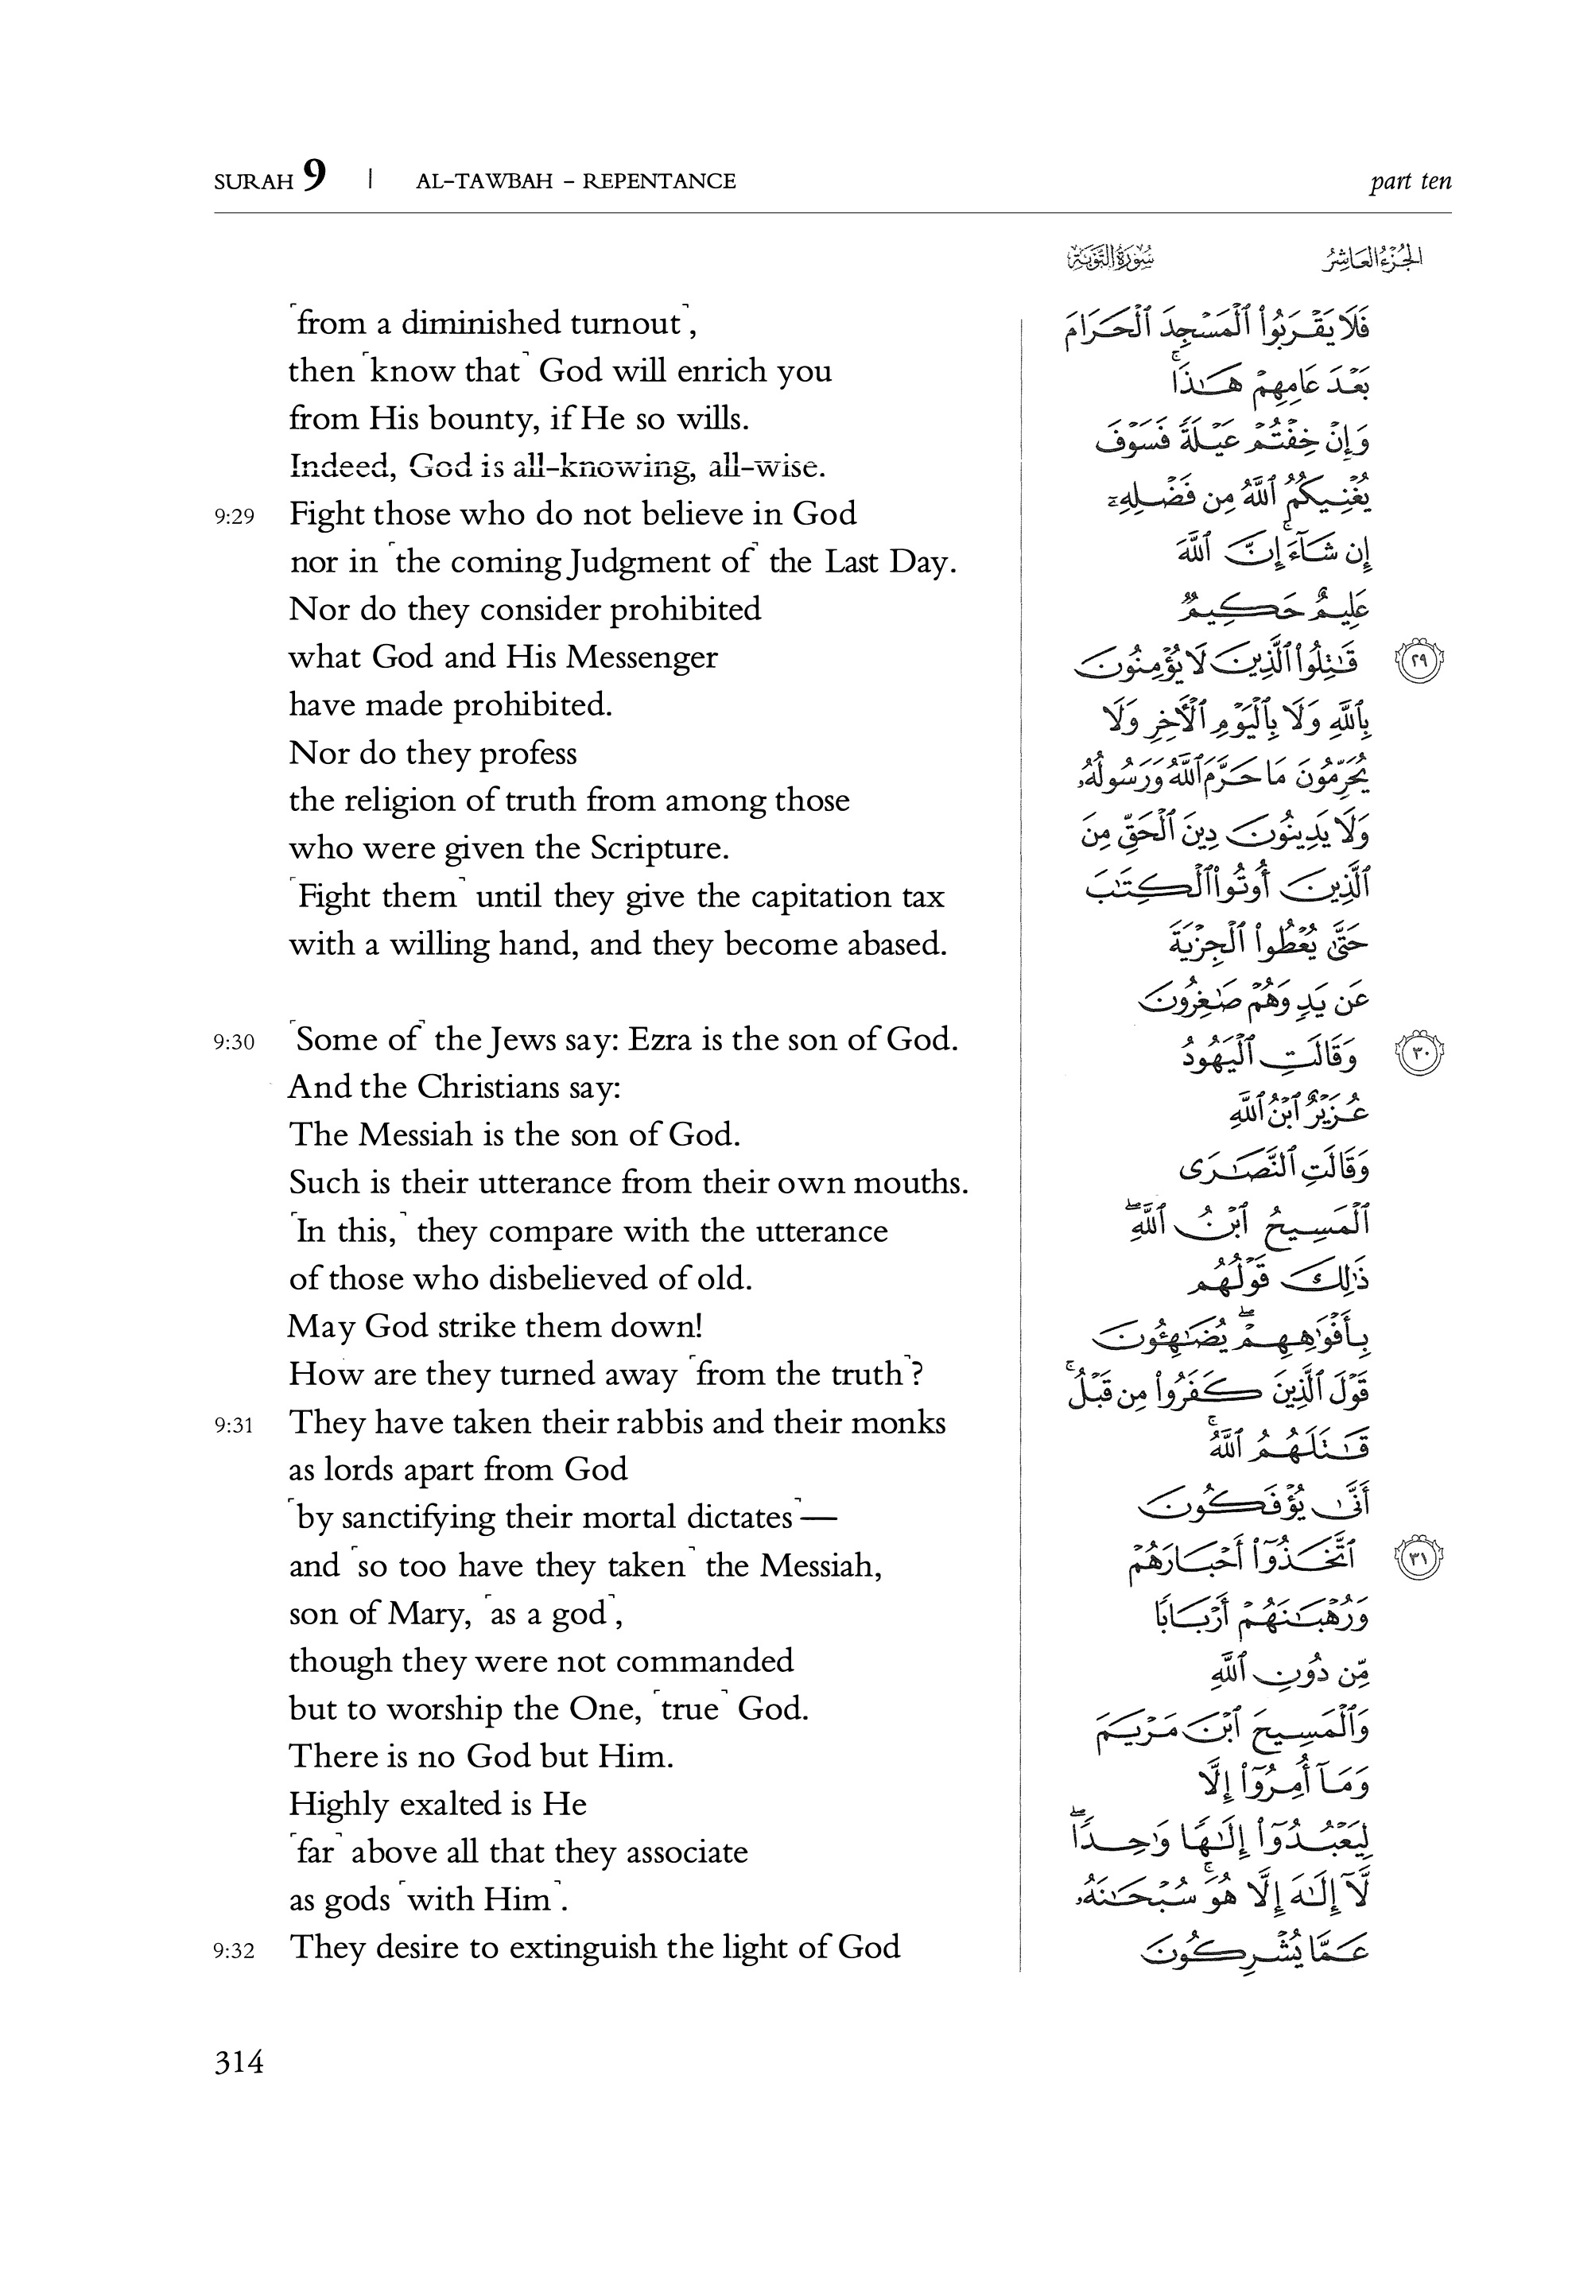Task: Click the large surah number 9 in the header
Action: point(314,176)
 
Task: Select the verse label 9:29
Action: point(235,516)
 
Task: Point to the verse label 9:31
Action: point(235,1425)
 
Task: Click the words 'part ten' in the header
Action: point(1410,181)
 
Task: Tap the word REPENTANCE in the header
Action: point(659,181)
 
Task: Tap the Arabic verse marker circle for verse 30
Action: point(1419,1053)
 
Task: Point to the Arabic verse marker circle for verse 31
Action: point(1419,1557)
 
